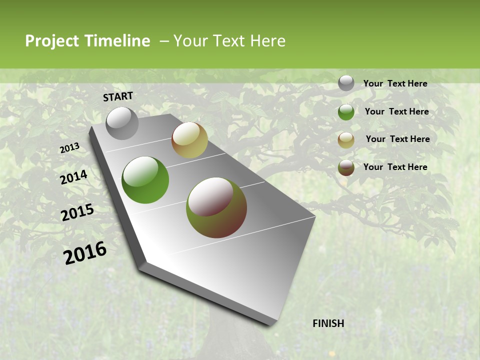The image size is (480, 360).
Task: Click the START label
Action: click(118, 96)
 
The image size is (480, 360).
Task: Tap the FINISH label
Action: click(328, 323)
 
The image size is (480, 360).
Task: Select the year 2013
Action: click(69, 148)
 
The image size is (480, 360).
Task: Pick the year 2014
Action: click(73, 177)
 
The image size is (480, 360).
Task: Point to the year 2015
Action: click(77, 212)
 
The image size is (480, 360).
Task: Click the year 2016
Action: click(85, 253)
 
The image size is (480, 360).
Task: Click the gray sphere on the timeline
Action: click(122, 123)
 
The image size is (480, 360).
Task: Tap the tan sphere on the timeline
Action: click(189, 140)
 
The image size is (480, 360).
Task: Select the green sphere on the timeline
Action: click(145, 180)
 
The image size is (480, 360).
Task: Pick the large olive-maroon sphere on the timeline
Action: click(216, 207)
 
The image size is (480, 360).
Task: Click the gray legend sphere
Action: click(346, 83)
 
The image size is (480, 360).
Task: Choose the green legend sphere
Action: click(346, 112)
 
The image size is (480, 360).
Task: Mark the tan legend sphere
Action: click(346, 139)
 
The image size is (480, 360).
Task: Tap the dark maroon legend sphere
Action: click(346, 167)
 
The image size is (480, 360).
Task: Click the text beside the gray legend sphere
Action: click(395, 83)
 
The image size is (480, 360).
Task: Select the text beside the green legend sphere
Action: click(396, 111)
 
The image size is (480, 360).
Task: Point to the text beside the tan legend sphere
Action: click(397, 139)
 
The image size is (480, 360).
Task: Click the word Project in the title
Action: click(52, 41)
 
